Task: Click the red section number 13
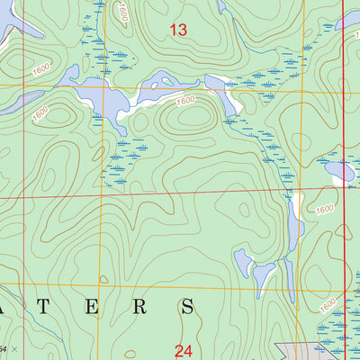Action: pos(178,31)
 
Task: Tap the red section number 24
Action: pos(184,350)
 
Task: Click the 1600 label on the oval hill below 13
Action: pos(185,101)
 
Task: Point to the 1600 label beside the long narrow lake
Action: pos(324,208)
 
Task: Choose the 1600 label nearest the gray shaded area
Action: pos(328,304)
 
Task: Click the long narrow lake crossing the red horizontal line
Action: pos(293,225)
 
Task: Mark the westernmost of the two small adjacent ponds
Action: pos(243,262)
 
